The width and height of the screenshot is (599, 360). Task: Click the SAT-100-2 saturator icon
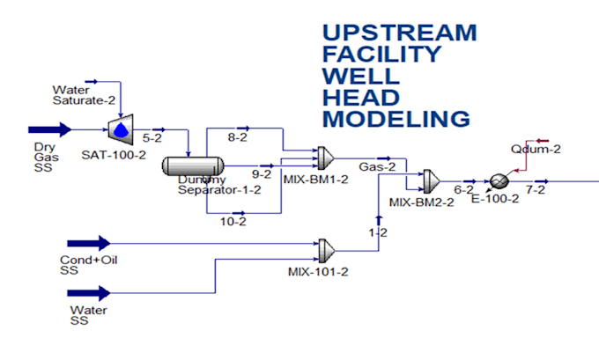118,129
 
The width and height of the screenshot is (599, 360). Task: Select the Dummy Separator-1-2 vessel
193,165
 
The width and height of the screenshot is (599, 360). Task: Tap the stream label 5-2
152,138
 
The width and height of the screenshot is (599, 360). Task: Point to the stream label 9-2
261,173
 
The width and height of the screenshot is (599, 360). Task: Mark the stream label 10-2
233,221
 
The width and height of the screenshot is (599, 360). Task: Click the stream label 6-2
464,189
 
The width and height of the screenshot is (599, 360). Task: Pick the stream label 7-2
535,189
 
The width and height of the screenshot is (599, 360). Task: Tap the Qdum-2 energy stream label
536,149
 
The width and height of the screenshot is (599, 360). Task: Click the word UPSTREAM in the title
399,33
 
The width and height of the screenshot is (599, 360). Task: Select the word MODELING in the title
396,118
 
